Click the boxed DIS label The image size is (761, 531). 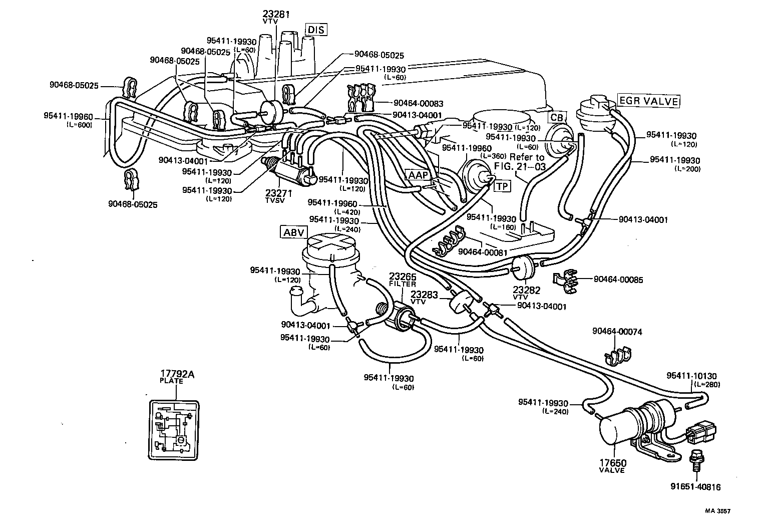point(315,30)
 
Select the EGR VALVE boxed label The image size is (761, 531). point(649,101)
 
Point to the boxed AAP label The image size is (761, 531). point(417,175)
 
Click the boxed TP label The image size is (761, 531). point(502,186)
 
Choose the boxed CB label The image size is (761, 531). point(557,117)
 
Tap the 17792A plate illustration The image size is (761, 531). point(173,429)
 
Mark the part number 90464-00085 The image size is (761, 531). point(618,280)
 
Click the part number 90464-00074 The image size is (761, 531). point(617,332)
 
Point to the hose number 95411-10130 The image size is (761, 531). point(691,376)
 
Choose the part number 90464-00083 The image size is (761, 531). point(418,103)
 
